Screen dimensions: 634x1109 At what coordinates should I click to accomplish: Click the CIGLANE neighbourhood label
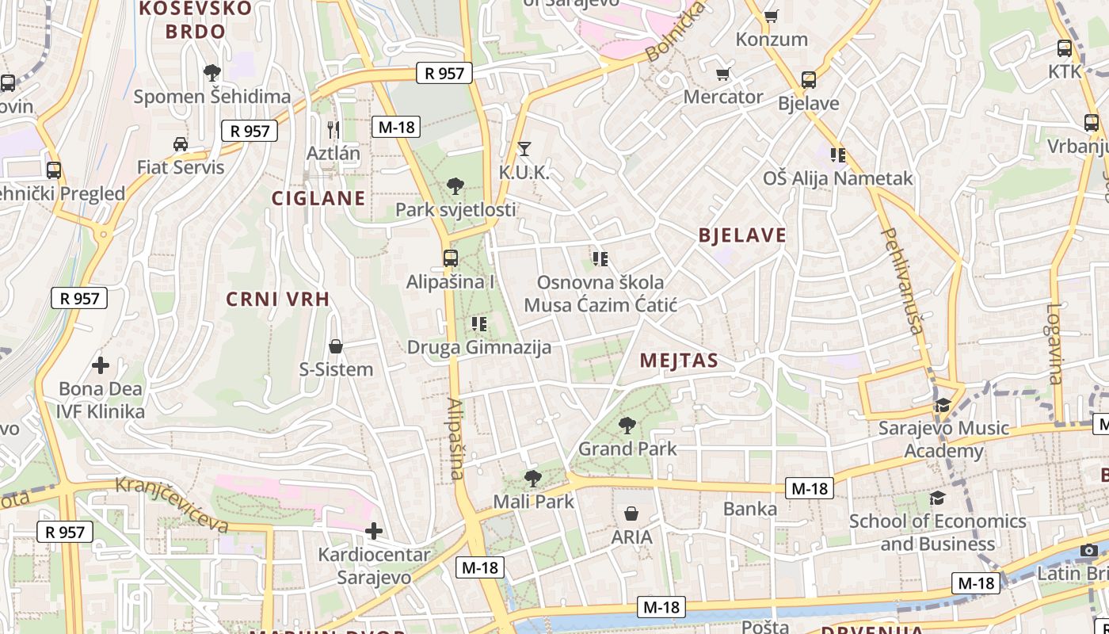coord(319,198)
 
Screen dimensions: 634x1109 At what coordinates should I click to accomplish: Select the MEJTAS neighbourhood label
coord(679,361)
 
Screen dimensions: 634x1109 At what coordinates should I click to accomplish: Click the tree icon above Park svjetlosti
coord(455,186)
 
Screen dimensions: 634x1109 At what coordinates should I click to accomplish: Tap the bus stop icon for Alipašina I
coord(450,258)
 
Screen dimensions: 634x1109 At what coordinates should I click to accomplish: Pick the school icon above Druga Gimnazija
coord(478,323)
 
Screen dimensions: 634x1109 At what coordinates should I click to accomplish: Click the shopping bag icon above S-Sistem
coord(336,346)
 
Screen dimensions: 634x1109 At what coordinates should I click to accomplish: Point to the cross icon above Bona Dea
coord(101,365)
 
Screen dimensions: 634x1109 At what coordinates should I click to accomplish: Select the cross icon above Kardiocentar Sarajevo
coord(374,531)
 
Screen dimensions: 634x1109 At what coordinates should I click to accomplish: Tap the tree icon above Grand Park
coord(627,426)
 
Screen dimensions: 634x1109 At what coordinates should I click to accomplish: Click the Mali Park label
coord(533,502)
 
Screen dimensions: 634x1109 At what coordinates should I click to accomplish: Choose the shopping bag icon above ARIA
coord(631,514)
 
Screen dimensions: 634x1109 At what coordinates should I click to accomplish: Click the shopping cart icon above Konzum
coord(771,16)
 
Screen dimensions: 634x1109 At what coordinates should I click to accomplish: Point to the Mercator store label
coord(723,97)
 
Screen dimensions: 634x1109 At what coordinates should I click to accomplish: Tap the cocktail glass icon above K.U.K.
coord(524,148)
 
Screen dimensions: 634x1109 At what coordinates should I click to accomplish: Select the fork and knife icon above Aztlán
coord(333,129)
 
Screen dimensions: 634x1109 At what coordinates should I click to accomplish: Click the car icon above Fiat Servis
coord(181,143)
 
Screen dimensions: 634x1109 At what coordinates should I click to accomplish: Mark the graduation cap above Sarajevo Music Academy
coord(943,406)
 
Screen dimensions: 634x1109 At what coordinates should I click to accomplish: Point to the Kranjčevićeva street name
coord(172,504)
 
